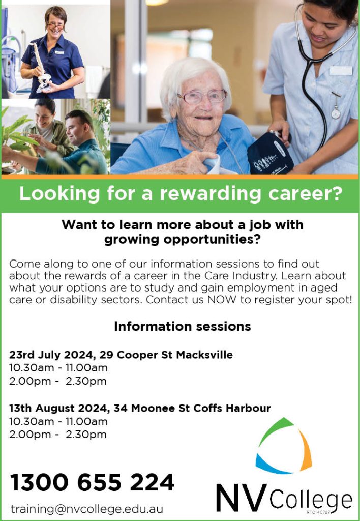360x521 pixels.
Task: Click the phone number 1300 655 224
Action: [93, 482]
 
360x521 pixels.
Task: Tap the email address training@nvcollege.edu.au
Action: [86, 509]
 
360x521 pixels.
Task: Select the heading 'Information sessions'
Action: [183, 326]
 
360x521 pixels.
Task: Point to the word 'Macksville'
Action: [204, 355]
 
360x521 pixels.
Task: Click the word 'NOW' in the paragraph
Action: [222, 300]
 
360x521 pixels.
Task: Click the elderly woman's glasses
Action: [201, 97]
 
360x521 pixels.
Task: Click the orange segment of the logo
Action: [305, 450]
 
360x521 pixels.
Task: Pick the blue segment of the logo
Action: [271, 465]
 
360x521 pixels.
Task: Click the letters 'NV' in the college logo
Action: [242, 498]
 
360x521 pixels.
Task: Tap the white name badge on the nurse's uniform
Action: [341, 70]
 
